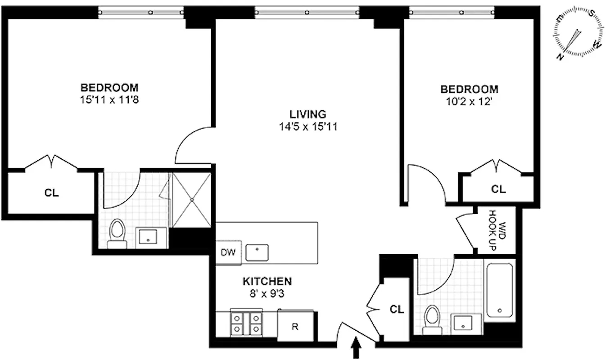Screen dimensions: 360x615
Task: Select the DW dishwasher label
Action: pos(228,252)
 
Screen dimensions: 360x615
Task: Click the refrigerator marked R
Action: pos(295,327)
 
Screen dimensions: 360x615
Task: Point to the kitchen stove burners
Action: pos(246,323)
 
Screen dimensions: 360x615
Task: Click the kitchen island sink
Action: pos(257,252)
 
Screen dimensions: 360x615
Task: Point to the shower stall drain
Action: pos(192,199)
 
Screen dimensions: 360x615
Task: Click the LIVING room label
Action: pos(307,114)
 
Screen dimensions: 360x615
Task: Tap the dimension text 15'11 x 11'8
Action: pos(109,99)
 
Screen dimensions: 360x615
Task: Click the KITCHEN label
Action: pos(267,282)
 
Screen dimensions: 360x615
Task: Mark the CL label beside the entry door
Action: pos(397,310)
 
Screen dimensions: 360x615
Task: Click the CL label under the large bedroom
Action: pos(51,193)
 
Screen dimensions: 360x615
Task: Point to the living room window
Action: pos(307,12)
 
